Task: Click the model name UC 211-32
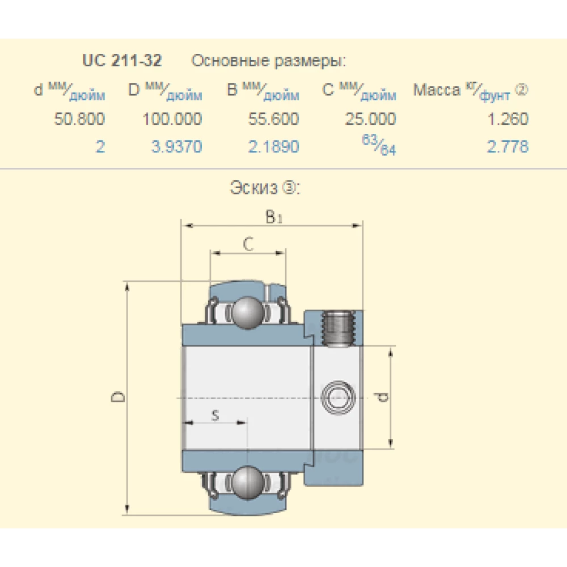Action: [121, 61]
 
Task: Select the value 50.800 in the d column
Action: [79, 119]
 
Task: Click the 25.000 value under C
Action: [370, 119]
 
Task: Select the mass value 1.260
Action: [507, 119]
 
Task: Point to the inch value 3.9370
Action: [176, 147]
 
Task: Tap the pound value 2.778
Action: [507, 147]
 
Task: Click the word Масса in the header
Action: [437, 90]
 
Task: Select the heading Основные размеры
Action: [268, 61]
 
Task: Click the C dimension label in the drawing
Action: [248, 244]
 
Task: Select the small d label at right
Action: [384, 397]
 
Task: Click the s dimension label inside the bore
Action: [215, 415]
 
